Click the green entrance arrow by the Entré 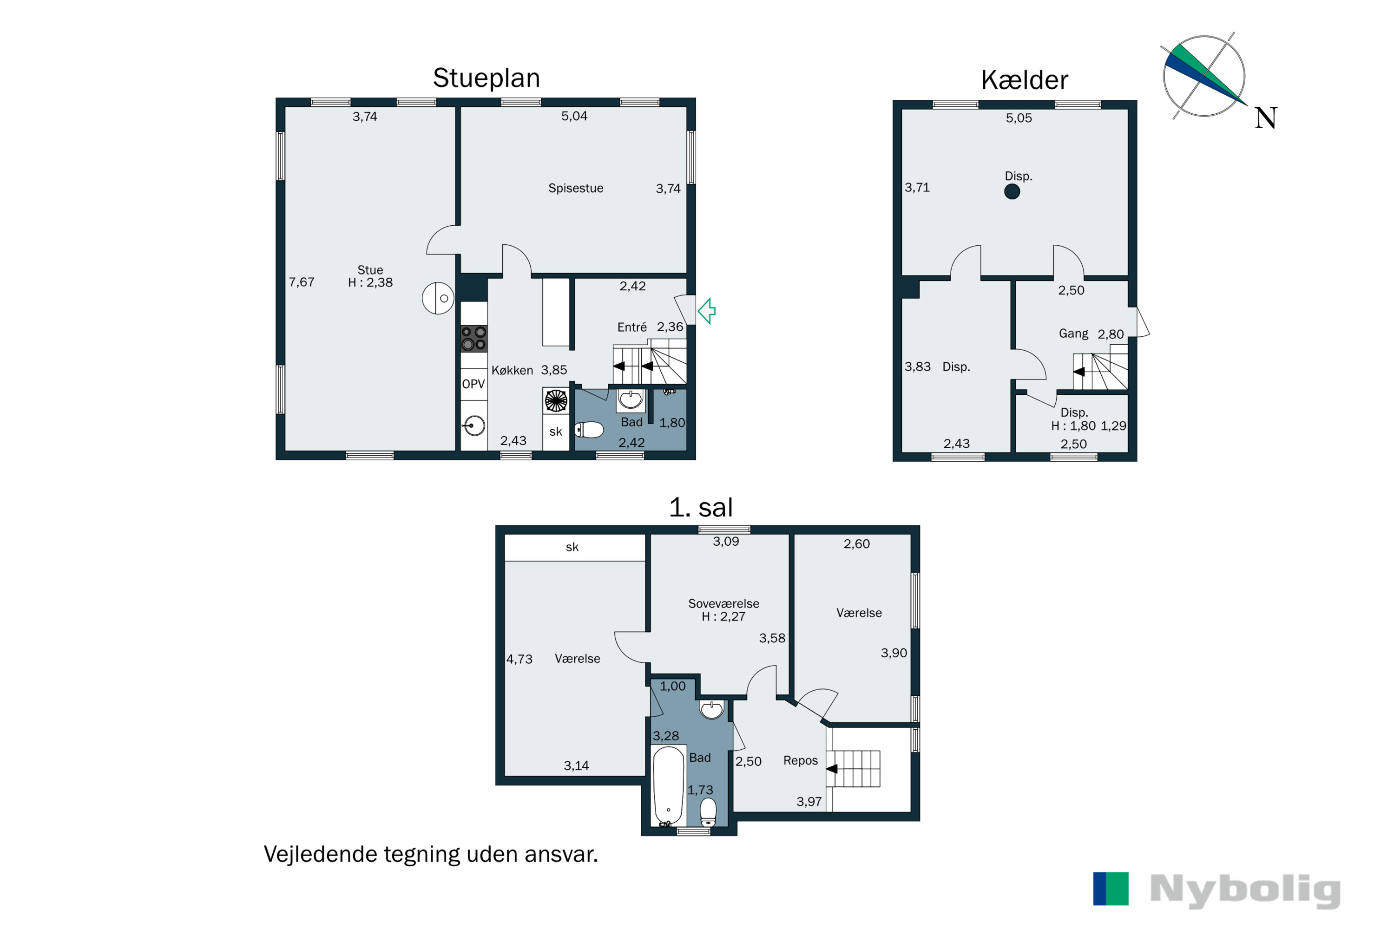(707, 311)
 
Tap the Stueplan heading (486, 78)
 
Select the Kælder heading (1024, 80)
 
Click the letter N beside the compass (1265, 118)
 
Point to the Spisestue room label (576, 189)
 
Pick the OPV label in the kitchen (473, 384)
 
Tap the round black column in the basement (1012, 191)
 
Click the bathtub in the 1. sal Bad (668, 785)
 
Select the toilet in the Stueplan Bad (589, 430)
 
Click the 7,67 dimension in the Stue (301, 282)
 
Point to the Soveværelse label (723, 604)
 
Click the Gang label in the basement (1073, 334)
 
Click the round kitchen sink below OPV (474, 425)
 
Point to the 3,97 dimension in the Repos (809, 802)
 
